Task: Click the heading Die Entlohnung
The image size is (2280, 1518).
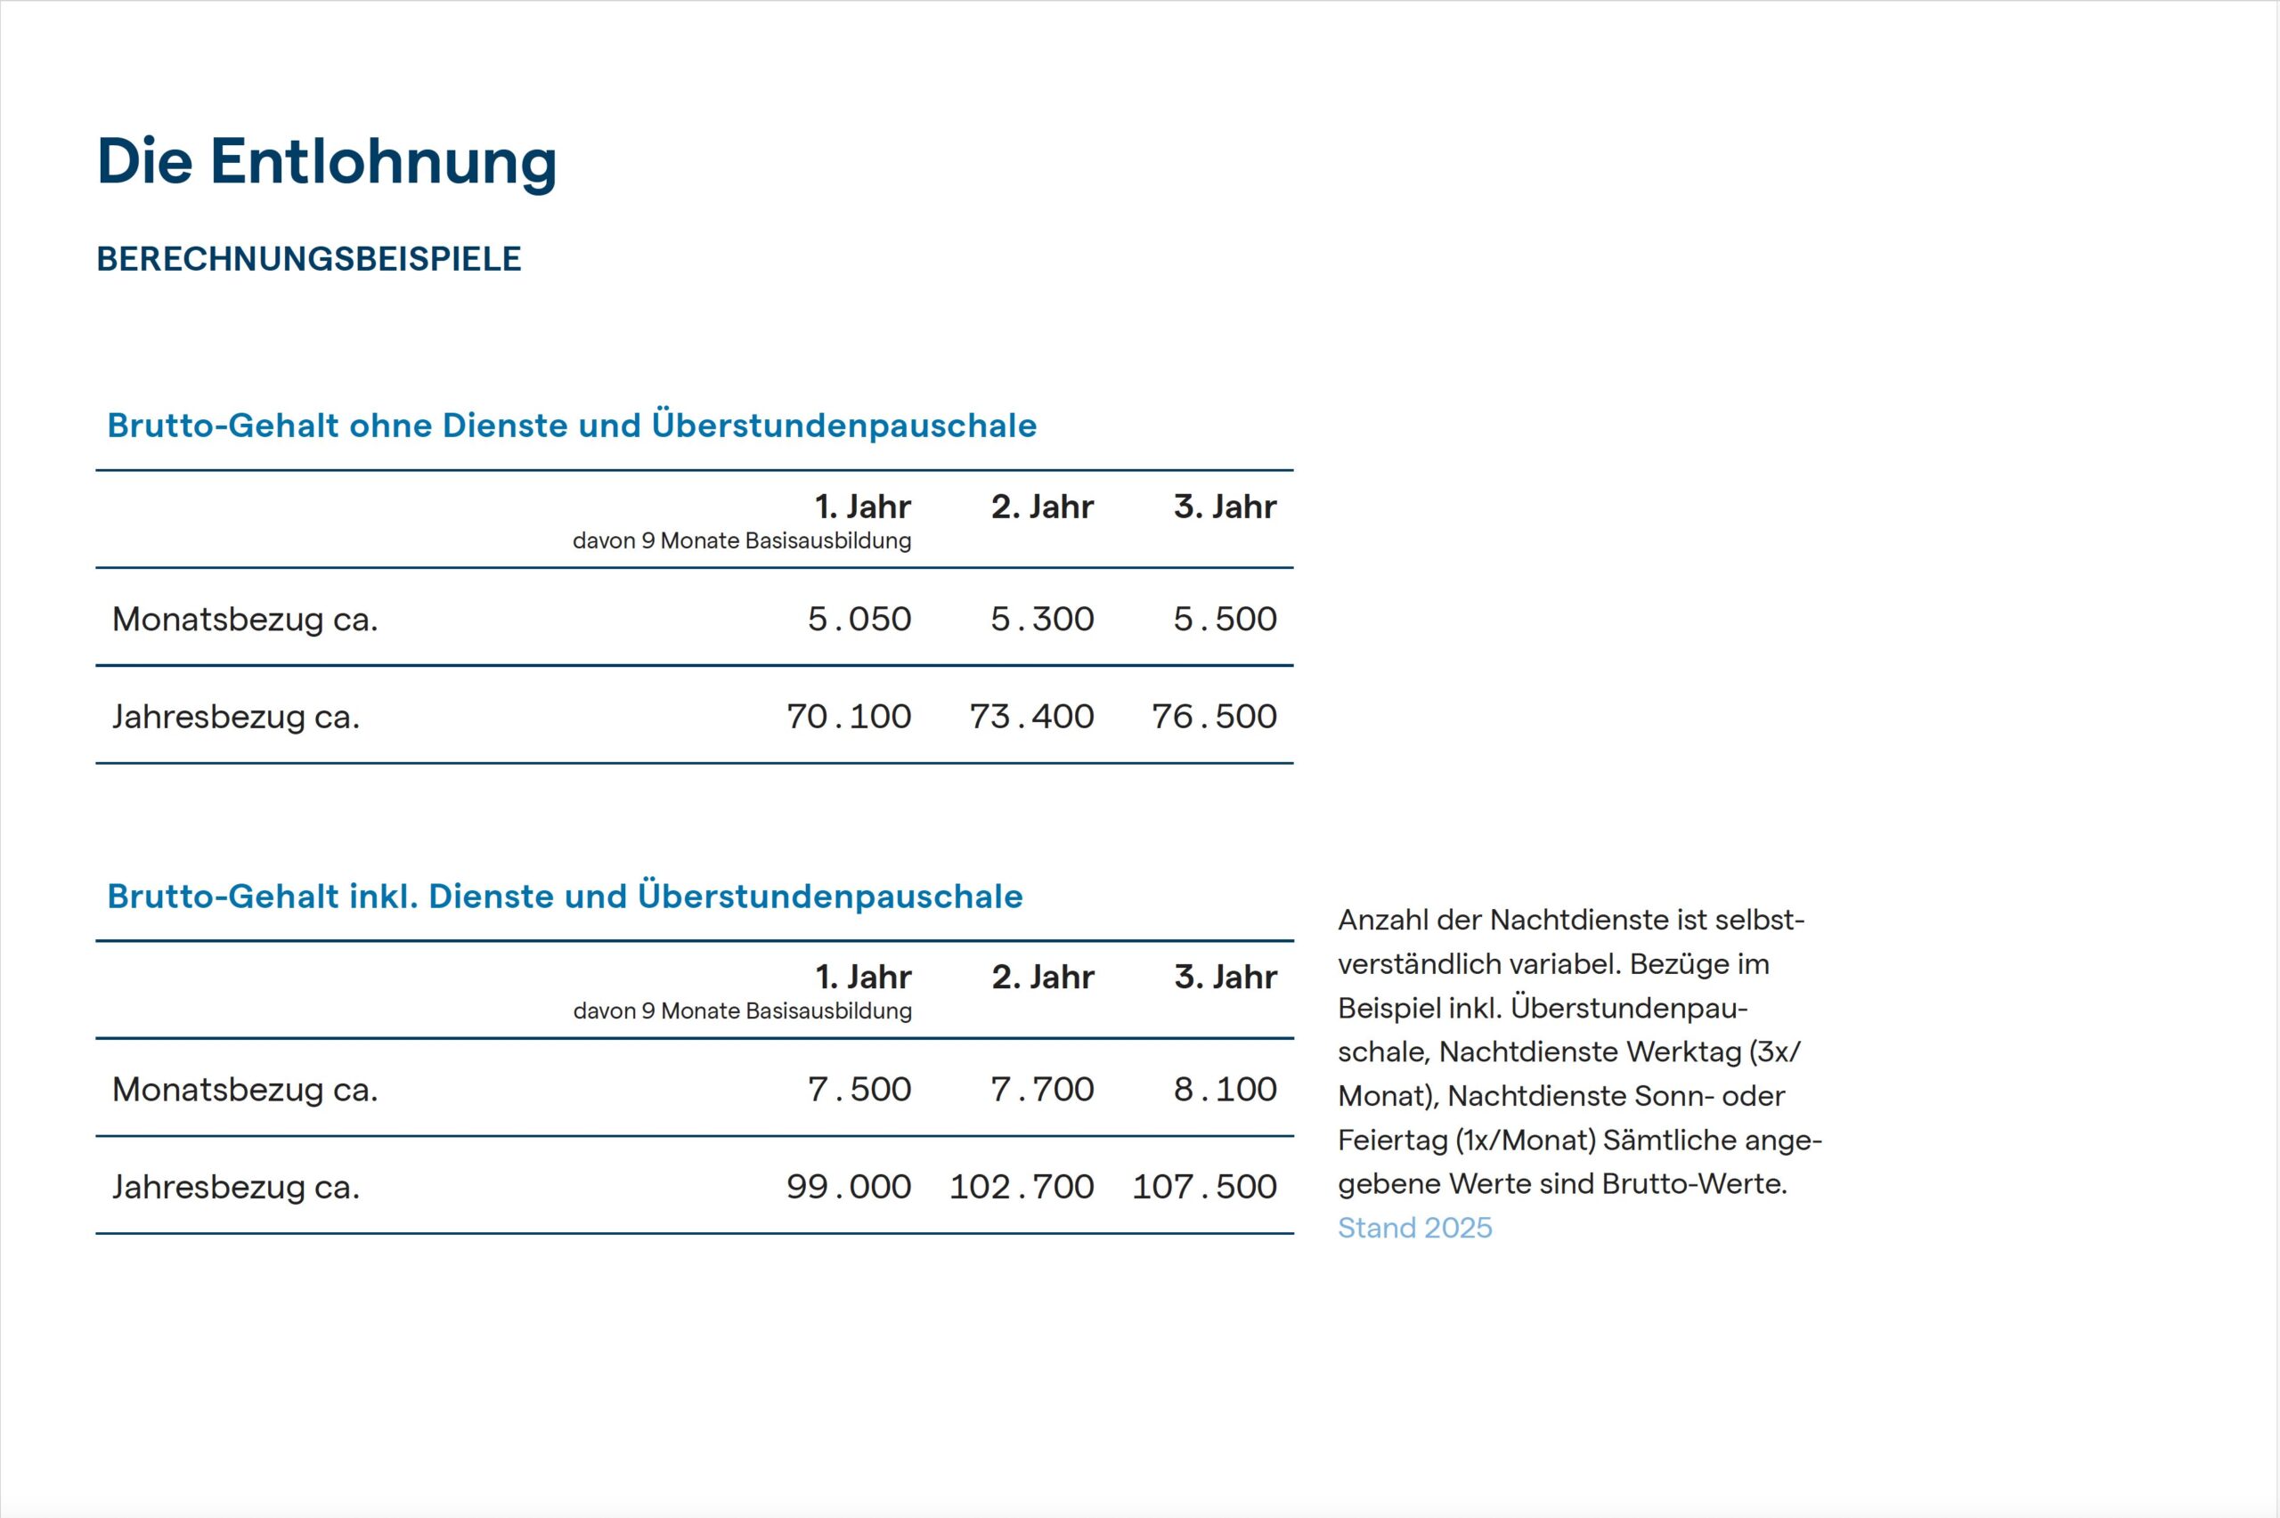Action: point(326,162)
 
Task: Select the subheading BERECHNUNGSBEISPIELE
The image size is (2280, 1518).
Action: point(309,259)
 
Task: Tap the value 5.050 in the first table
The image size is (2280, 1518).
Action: point(859,619)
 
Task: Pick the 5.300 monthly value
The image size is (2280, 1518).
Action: point(1042,619)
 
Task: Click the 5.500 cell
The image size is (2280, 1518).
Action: point(1225,619)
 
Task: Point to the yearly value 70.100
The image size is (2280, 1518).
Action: point(848,717)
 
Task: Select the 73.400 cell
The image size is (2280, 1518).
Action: point(1031,717)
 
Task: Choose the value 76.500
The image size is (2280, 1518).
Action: point(1214,717)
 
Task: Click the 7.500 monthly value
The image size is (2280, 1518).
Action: point(859,1089)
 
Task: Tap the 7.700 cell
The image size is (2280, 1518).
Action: point(1042,1089)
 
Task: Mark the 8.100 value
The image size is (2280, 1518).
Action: point(1225,1089)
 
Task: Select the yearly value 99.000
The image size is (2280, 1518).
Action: point(848,1187)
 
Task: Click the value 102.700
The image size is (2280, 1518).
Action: point(1022,1187)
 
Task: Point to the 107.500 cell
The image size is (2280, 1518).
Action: point(1204,1187)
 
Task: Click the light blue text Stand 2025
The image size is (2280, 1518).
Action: point(1414,1229)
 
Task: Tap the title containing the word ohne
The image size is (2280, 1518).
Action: point(571,426)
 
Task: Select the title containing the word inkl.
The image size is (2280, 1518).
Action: point(565,897)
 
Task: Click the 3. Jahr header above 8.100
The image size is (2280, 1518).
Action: point(1225,977)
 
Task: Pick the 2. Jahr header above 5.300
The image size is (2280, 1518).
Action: point(1042,507)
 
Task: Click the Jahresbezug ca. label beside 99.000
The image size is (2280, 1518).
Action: point(235,1187)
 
